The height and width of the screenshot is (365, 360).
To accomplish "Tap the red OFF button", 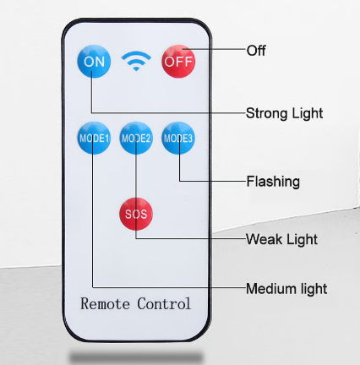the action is coord(178,62).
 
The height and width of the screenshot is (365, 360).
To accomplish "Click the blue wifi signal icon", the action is coord(136,61).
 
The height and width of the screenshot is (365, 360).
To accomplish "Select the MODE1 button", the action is coord(94,138).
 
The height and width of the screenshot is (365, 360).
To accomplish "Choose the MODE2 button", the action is coord(136,138).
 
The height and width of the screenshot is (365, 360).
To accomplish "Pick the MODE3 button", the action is coord(178,138).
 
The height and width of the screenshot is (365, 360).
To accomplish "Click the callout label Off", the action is coord(256,51).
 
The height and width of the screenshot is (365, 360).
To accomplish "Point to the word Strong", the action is coord(266,114).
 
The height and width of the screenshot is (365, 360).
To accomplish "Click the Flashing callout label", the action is coord(273,182).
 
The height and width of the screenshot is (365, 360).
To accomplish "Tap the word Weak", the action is coord(264,239).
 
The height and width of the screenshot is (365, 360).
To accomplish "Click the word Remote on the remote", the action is coord(106,304).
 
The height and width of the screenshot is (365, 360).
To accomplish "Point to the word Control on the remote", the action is coord(164,303).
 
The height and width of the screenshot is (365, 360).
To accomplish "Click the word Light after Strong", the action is coord(307,114).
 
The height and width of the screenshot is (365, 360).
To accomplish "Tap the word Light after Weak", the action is coord(302,240).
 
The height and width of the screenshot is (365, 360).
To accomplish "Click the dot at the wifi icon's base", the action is coord(136,68).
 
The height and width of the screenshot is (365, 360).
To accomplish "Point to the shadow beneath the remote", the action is coord(136,357).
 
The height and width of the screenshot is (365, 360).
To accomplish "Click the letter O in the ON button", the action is coord(89,62).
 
